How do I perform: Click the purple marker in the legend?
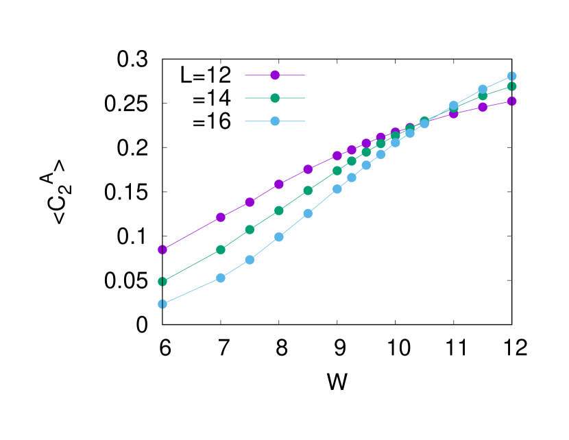(x=275, y=75)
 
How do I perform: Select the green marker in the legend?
(x=275, y=98)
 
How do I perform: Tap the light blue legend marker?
(x=275, y=121)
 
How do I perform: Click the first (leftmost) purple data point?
(x=162, y=249)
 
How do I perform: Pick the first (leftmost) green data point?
(x=162, y=282)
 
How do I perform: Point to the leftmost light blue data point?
(x=162, y=304)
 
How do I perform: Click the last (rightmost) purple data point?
(x=512, y=101)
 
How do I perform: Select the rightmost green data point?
(x=512, y=86)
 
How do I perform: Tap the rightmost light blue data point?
(x=512, y=76)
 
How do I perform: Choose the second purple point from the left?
(x=221, y=217)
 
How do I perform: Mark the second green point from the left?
(x=221, y=249)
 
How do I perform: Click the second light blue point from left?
(x=221, y=278)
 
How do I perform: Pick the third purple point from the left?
(x=250, y=202)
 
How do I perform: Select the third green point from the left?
(x=250, y=230)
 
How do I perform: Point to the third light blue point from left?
(x=250, y=260)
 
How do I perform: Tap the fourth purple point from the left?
(x=279, y=184)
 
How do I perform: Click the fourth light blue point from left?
(x=279, y=237)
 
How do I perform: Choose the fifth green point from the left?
(x=308, y=191)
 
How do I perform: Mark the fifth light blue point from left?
(x=308, y=214)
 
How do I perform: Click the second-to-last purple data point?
(x=483, y=107)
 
